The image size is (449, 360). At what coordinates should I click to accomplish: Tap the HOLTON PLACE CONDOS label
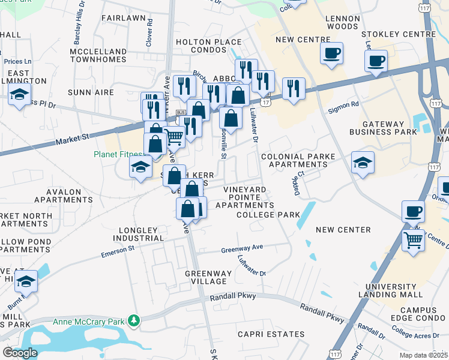coord(208,46)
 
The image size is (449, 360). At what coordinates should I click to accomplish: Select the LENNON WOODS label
coord(342,22)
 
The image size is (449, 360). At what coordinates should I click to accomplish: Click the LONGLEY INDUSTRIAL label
coord(130,234)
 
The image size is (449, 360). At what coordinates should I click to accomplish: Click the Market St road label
coord(71,139)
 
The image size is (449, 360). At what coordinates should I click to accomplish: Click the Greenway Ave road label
coord(242,249)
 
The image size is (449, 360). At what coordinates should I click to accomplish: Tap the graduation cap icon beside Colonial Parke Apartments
coord(363,163)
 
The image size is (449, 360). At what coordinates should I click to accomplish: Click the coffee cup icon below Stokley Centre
coord(376,61)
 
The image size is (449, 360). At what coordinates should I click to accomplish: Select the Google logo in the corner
coord(20,352)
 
